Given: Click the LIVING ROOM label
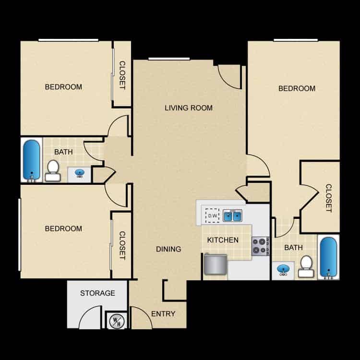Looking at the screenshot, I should click(189, 108).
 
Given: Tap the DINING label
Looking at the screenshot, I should click(168, 249).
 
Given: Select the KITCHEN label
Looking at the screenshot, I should click(223, 240).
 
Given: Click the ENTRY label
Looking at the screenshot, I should click(163, 314).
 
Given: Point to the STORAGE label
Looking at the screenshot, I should click(97, 293).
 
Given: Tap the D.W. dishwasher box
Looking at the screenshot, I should click(212, 216).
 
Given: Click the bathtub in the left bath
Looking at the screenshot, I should click(32, 160).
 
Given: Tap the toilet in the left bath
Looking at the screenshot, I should click(53, 170).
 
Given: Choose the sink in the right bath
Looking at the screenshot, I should click(283, 270).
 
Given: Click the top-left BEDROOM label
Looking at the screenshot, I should click(63, 87).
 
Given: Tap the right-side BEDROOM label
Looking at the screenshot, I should click(297, 88).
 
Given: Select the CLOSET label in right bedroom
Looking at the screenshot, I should click(328, 198).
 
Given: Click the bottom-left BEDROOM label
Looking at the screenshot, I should click(63, 228).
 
